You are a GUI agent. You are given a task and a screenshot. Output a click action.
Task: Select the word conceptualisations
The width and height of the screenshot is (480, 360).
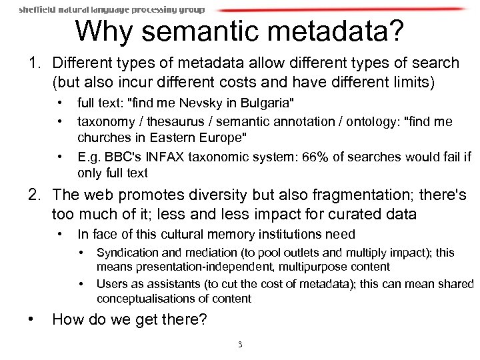point(149,298)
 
